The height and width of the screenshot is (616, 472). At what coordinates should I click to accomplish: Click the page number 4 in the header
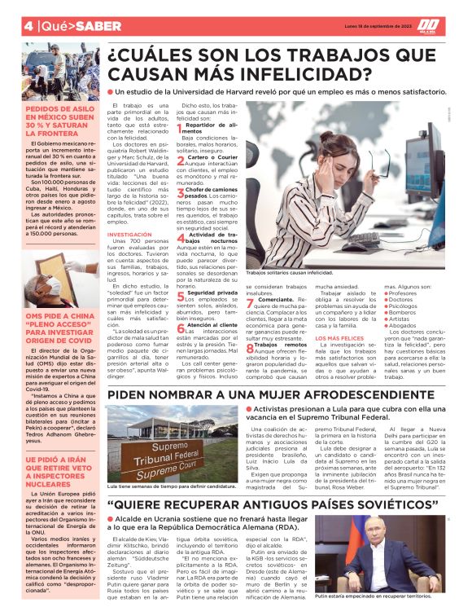[x=7, y=25]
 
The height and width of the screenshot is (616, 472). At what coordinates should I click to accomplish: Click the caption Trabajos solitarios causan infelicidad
[x=298, y=273]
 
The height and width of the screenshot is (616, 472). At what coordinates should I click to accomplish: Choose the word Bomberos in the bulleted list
[x=404, y=312]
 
